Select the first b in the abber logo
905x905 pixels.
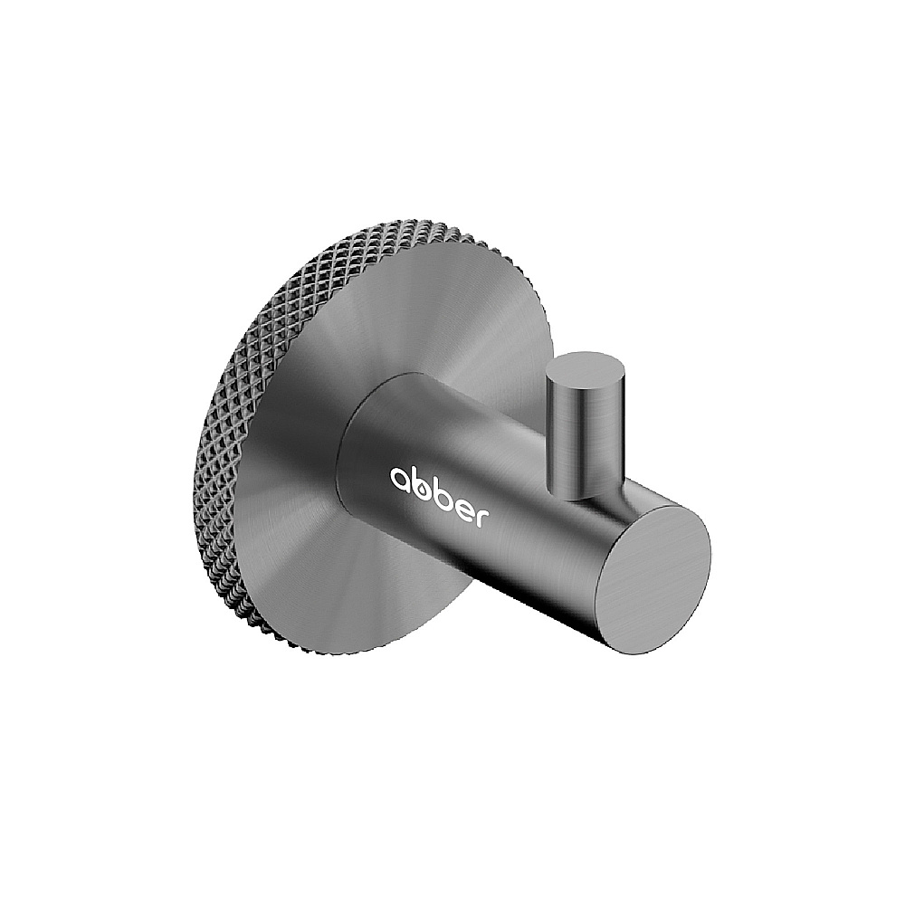[x=422, y=483]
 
